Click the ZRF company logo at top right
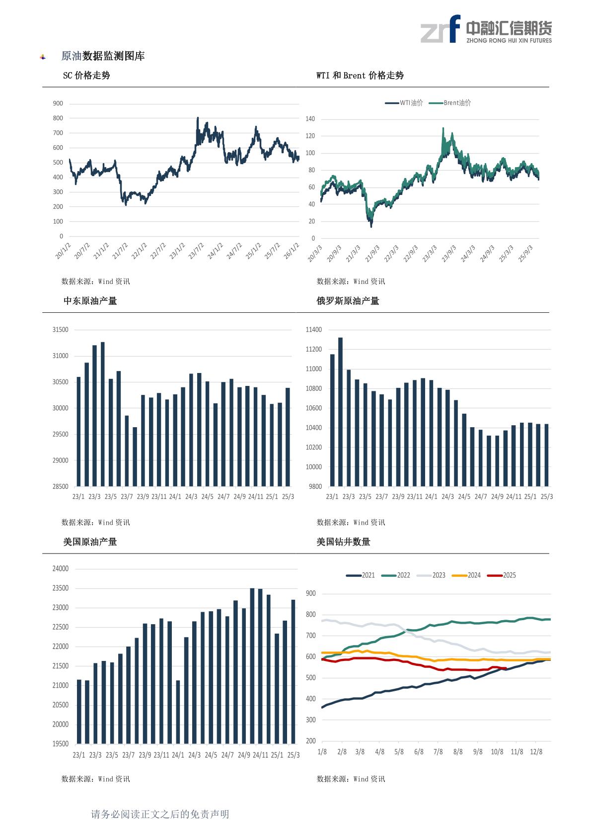[x=485, y=29]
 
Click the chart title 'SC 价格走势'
[x=86, y=76]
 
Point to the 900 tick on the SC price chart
[x=58, y=103]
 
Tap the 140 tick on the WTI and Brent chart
[x=310, y=119]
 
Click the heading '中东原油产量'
[x=90, y=301]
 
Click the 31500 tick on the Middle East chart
[x=61, y=330]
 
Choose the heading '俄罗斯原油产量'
[x=348, y=301]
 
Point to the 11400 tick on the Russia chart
[x=314, y=330]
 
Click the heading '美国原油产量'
[x=90, y=542]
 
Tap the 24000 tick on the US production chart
[x=61, y=569]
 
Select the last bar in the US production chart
[x=293, y=671]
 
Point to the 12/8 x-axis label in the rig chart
[x=536, y=751]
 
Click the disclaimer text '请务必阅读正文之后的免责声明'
[x=160, y=814]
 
